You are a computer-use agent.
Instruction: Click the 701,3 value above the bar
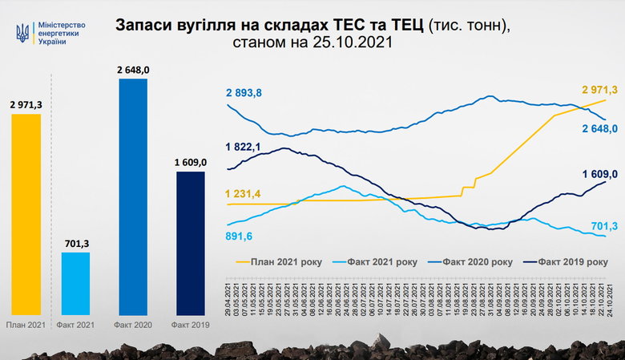pos(75,242)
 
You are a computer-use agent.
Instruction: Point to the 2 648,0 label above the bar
pos(133,70)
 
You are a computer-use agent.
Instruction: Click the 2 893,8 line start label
pos(244,93)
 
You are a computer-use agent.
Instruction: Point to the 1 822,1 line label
pos(244,146)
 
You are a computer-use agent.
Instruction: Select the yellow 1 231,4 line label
pos(244,193)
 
